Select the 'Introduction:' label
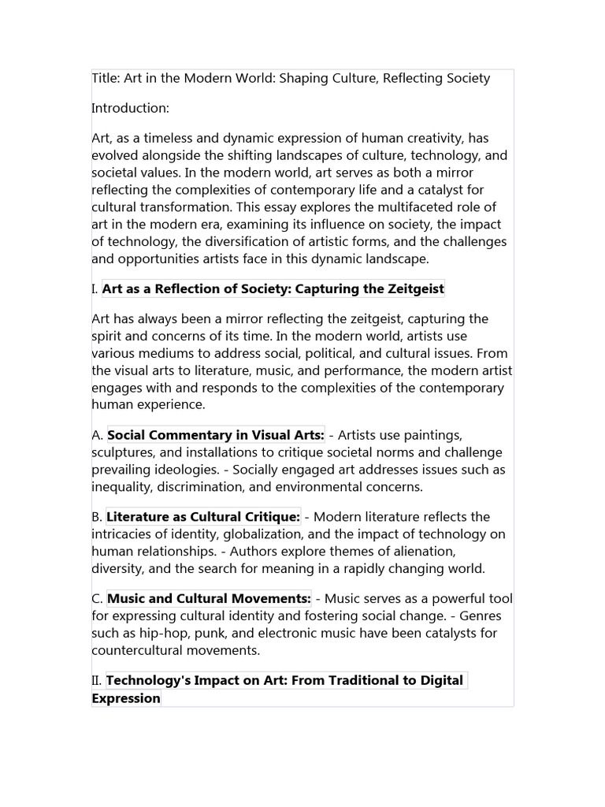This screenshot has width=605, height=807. click(x=130, y=108)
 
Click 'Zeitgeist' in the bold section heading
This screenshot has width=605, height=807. click(x=415, y=289)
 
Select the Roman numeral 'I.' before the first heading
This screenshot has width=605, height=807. click(x=95, y=289)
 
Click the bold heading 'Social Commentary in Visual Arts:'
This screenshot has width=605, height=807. click(x=216, y=435)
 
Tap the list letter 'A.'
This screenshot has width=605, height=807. click(x=97, y=435)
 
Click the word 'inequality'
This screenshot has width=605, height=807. click(x=123, y=487)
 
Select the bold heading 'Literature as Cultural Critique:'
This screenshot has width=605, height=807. click(x=203, y=517)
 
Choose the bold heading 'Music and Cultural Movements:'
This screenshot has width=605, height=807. click(x=209, y=599)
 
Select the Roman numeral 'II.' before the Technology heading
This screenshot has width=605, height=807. click(x=98, y=680)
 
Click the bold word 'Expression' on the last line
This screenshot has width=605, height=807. click(x=126, y=698)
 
